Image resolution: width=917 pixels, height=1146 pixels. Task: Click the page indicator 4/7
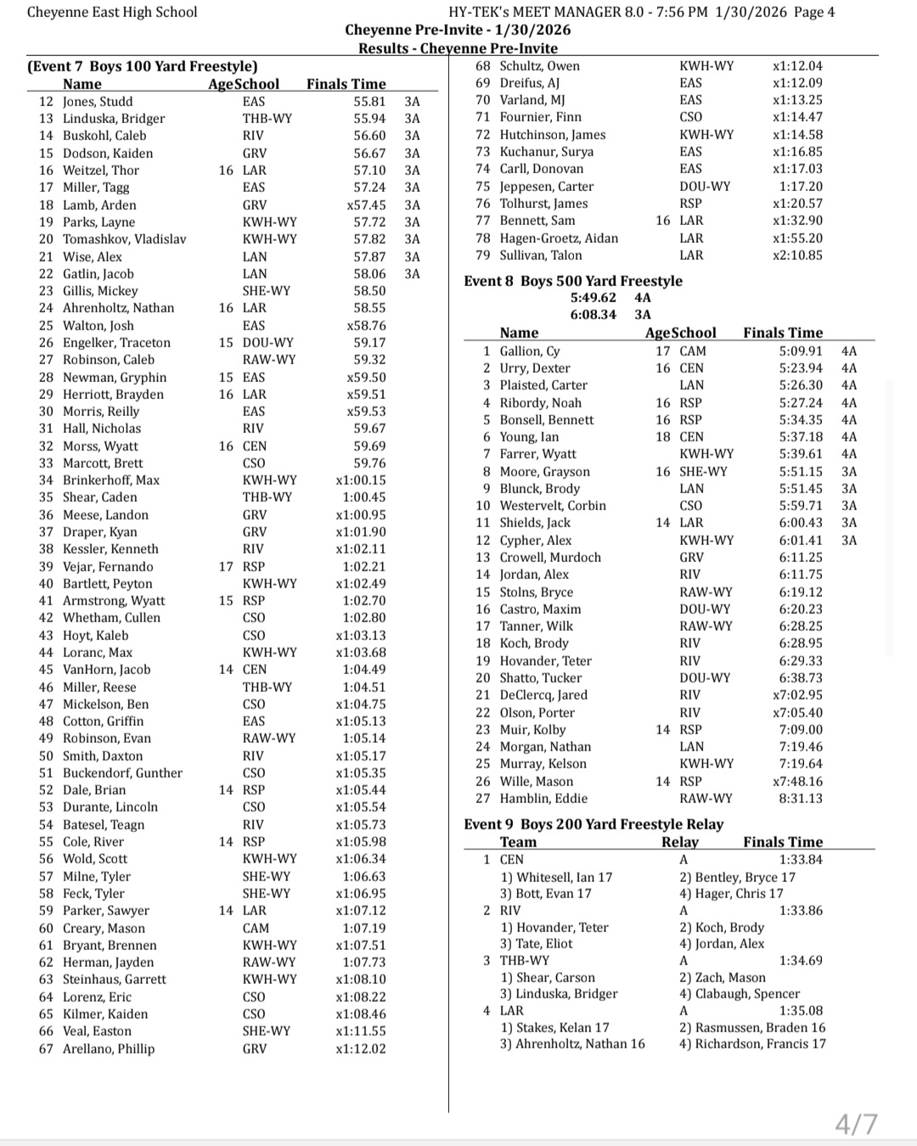pyautogui.click(x=856, y=1124)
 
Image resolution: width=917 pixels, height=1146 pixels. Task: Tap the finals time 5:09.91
pyautogui.click(x=801, y=351)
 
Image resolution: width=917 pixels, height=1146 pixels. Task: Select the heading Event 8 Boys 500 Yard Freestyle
pyautogui.click(x=573, y=281)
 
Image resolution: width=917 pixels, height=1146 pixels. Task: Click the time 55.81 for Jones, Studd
pyautogui.click(x=369, y=101)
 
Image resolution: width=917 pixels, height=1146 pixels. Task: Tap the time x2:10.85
pyautogui.click(x=797, y=256)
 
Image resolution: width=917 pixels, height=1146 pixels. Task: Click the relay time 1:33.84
pyautogui.click(x=801, y=860)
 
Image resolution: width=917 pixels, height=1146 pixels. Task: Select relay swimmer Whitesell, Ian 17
pyautogui.click(x=556, y=877)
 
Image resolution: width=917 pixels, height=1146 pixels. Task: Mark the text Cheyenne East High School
pyautogui.click(x=112, y=12)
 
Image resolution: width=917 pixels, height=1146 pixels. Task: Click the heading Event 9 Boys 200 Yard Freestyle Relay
pyautogui.click(x=594, y=824)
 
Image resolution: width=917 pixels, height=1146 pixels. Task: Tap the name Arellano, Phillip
pyautogui.click(x=109, y=1048)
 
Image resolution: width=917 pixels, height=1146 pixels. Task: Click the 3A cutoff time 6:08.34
pyautogui.click(x=594, y=315)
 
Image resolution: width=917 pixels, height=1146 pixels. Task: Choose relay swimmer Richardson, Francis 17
pyautogui.click(x=751, y=1044)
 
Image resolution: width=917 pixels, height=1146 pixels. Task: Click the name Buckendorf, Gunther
pyautogui.click(x=122, y=773)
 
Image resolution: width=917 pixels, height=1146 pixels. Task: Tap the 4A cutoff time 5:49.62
pyautogui.click(x=594, y=298)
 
